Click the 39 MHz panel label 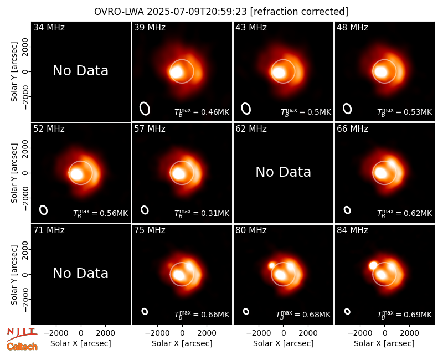150,27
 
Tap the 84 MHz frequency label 352,230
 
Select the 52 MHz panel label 49,129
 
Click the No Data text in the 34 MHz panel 81,71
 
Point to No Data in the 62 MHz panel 284,172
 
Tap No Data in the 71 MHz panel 81,274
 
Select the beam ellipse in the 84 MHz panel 347,311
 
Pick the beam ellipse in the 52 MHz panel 44,210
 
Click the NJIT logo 22,333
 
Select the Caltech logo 22,347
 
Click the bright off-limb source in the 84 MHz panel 373,265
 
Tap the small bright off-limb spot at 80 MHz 272,265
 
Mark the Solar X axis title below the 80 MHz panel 284,343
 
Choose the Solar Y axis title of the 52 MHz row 14,173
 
